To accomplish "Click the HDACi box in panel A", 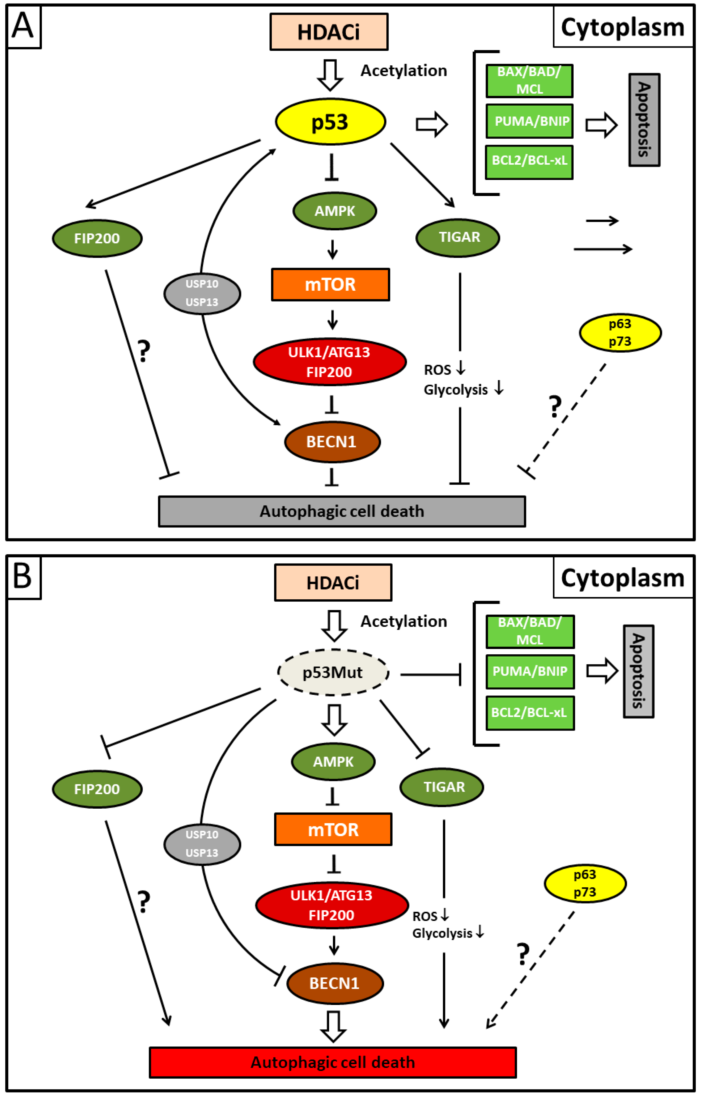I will point(328,32).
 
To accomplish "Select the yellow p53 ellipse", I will point(330,122).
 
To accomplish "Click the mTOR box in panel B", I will point(333,829).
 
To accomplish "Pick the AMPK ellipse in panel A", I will point(334,211).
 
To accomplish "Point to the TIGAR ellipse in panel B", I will point(442,787).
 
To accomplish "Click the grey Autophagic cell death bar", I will point(342,511).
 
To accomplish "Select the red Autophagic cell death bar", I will point(333,1062).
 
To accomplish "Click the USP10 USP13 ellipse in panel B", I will point(202,844).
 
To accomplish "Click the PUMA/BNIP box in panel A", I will point(530,121).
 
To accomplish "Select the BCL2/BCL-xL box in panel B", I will point(530,713).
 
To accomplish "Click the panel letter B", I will point(23,576).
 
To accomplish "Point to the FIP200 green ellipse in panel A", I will point(97,238).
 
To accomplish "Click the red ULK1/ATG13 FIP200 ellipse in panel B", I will point(332,905).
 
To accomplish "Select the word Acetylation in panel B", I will point(404,621).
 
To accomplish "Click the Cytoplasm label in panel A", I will point(622,27).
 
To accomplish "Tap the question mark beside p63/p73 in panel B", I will point(523,954).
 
